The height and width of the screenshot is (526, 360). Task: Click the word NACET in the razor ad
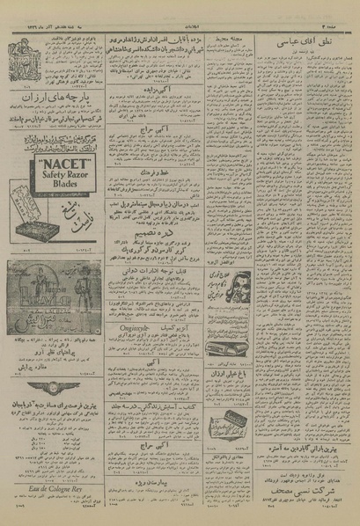(x=57, y=164)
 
